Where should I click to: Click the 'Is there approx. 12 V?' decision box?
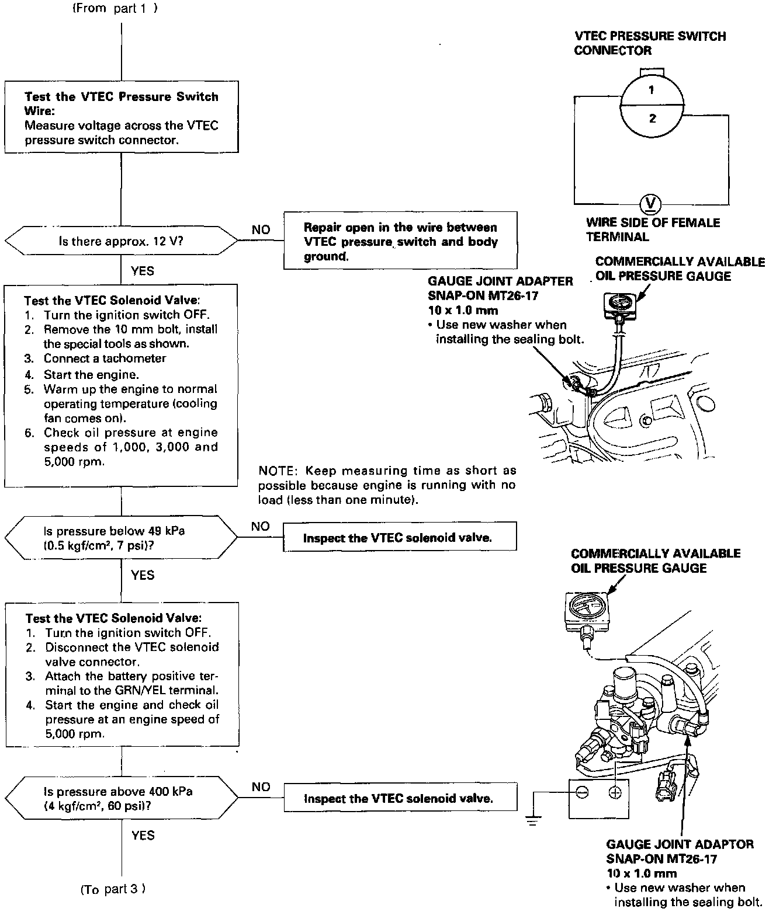(x=121, y=241)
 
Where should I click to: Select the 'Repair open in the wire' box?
(x=400, y=241)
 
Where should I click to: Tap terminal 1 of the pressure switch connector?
(x=651, y=90)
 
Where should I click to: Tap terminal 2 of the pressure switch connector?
(x=652, y=119)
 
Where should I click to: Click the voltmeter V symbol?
(x=650, y=204)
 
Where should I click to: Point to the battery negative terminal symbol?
(x=581, y=792)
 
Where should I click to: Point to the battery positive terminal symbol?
(x=615, y=792)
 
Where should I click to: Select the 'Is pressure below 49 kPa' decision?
(x=121, y=538)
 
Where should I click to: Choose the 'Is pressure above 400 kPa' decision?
(x=121, y=799)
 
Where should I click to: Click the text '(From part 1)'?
(x=115, y=8)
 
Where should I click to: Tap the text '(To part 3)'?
(x=113, y=889)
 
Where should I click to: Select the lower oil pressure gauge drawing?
(x=585, y=610)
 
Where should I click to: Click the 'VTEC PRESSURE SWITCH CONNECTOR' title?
(x=650, y=43)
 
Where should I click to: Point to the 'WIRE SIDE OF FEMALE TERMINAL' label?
(x=652, y=229)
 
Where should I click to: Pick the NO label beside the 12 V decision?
(x=261, y=229)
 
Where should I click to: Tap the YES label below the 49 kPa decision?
(x=143, y=575)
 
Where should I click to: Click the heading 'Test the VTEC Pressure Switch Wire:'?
(x=121, y=103)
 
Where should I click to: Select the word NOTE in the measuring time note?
(x=275, y=471)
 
